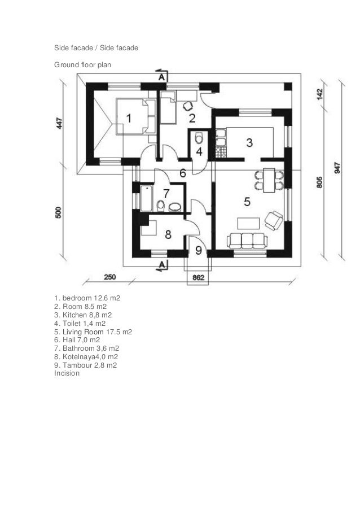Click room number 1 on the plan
[x=129, y=119]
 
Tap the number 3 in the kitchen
[x=249, y=143]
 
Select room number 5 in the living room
[x=247, y=200]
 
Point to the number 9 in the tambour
[x=199, y=250]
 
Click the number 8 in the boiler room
[x=168, y=233]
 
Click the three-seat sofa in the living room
[x=247, y=241]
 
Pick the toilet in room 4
[x=198, y=138]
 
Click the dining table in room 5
[x=268, y=180]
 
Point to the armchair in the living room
[x=274, y=219]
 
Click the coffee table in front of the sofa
[x=247, y=222]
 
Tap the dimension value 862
[x=199, y=278]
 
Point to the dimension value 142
[x=319, y=94]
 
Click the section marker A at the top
[x=161, y=76]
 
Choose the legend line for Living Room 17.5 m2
[x=93, y=332]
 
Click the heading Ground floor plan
[x=82, y=65]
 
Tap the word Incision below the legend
[x=67, y=373]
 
